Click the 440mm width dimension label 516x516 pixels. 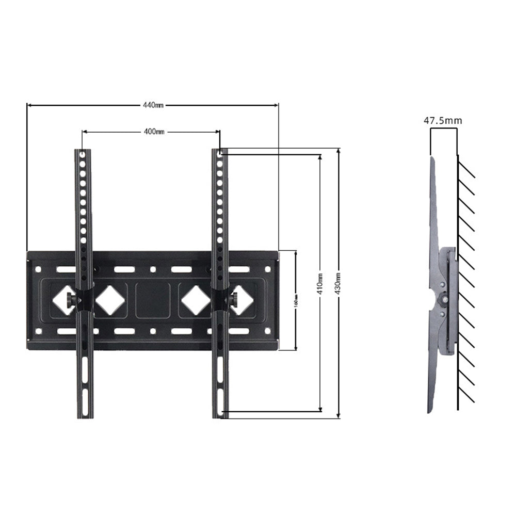pos(153,105)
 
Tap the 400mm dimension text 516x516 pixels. pos(154,132)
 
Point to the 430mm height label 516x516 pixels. pos(338,284)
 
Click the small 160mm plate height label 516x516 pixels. pos(296,300)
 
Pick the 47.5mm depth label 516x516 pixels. pos(443,121)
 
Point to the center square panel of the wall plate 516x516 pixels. pos(153,299)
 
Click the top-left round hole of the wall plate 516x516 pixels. pos(39,269)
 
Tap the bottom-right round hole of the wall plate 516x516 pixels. pos(267,331)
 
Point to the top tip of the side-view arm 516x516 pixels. pos(431,158)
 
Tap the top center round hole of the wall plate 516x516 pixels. pos(153,269)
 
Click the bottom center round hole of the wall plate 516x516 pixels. pos(153,331)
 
